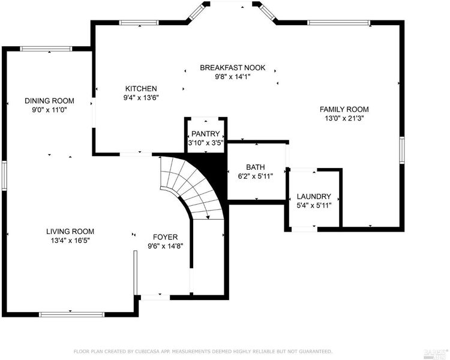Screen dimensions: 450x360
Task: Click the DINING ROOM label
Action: coord(49,101)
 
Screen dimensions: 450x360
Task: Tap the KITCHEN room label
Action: coord(141,88)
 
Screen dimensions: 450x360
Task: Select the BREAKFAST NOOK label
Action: coord(233,68)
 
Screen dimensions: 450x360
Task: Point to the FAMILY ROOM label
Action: coord(344,109)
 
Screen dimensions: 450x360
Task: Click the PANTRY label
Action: coord(205,134)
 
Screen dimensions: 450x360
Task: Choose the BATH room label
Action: coord(256,167)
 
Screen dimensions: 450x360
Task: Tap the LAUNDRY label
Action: coord(314,196)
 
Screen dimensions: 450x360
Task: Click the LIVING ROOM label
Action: coord(70,232)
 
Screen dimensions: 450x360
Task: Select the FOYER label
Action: coord(166,237)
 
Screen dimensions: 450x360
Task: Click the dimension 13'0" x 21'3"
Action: coord(344,118)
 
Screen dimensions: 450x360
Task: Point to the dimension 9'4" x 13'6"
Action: coord(141,98)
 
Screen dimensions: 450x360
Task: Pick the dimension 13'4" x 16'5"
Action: coord(71,241)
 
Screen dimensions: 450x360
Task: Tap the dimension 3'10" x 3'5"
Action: coord(206,143)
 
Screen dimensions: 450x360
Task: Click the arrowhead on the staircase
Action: coord(208,217)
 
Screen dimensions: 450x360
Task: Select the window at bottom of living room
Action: coord(72,314)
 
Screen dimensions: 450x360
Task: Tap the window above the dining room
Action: coord(46,49)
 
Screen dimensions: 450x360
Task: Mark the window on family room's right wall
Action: coord(402,150)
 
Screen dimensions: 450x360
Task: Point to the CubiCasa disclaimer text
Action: coord(203,352)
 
